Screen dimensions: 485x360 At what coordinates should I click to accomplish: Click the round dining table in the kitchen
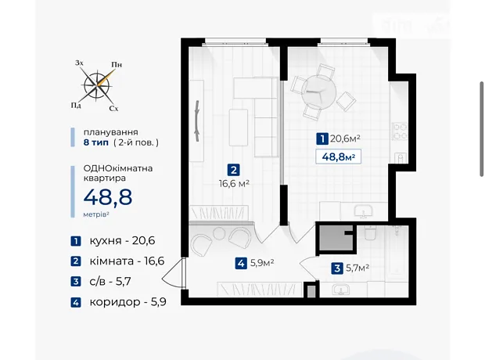pos(318,92)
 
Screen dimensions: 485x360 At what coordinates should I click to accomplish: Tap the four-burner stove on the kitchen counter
pos(400,131)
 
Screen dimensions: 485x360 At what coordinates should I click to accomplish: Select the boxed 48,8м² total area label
pos(338,157)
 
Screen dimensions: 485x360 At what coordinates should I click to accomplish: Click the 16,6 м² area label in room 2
pos(234,184)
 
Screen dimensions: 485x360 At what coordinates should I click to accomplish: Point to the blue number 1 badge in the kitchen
pos(322,139)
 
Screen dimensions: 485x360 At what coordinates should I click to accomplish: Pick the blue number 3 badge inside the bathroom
pos(337,268)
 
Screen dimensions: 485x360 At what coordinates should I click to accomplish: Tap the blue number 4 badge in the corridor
pos(241,264)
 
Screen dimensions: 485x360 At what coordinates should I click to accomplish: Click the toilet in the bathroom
pos(370,233)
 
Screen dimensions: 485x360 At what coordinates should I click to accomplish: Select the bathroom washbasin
pos(340,290)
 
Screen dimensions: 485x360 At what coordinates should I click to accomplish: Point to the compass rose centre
pos(98,85)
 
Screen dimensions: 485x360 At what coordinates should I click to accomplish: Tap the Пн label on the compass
pos(117,65)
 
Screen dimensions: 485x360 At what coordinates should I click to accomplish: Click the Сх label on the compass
pos(114,108)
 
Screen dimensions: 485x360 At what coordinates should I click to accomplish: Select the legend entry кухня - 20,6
pos(123,240)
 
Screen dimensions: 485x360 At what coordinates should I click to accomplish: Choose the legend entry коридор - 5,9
pos(128,302)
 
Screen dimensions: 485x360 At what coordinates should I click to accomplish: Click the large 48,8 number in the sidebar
pos(108,197)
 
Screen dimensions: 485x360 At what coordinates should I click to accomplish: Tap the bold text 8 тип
pos(96,142)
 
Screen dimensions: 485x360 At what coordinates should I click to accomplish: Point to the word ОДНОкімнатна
pos(118,168)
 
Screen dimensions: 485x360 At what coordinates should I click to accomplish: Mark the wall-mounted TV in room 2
pos(197,121)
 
